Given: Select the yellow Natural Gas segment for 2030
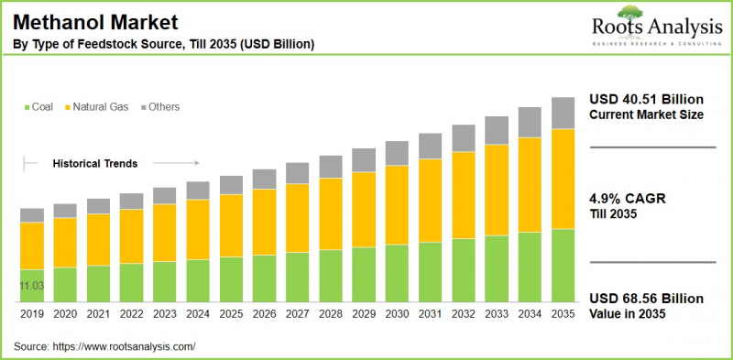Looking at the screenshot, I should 397,205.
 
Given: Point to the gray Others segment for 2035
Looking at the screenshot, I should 563,113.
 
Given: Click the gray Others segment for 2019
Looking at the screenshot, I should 32,215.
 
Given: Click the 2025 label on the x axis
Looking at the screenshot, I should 231,313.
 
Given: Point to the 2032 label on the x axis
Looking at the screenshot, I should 463,313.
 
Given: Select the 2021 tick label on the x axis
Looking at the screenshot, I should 98,313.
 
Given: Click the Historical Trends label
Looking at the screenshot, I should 94,164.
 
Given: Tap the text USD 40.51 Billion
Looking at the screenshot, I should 645,100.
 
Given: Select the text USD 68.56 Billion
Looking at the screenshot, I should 645,300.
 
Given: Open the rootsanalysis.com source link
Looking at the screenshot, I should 126,346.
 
